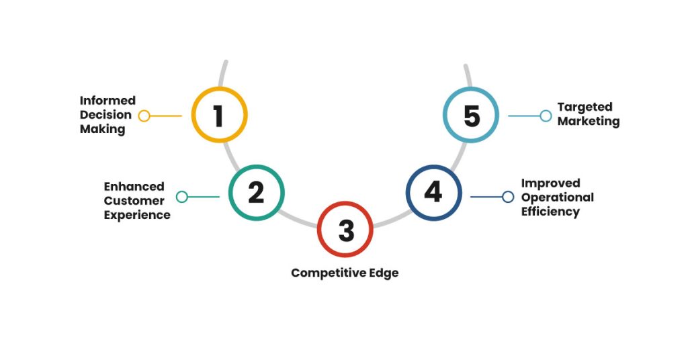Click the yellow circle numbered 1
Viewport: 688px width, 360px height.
coord(219,115)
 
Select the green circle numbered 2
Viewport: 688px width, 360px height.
coord(256,193)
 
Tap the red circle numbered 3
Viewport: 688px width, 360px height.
coord(345,230)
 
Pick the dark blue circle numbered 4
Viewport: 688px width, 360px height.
coord(433,193)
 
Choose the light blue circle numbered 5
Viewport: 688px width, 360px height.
coord(472,115)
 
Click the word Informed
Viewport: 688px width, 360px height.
coord(107,101)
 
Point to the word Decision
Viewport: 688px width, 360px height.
coord(106,115)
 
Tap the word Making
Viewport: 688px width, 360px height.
coord(103,129)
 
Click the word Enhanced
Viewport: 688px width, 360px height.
coord(134,186)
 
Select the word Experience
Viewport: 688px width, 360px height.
coord(137,215)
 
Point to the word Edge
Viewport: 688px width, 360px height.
coord(382,273)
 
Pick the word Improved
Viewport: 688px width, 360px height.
coord(550,183)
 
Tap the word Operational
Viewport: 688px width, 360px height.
coord(558,197)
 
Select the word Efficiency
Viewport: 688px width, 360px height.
coord(550,212)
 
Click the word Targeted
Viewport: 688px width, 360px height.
coord(585,107)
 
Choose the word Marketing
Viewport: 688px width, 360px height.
coord(589,122)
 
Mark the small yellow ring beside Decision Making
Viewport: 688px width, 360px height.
coord(144,116)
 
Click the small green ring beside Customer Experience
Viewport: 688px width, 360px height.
coord(182,197)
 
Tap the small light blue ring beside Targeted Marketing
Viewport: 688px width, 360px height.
coord(546,116)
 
